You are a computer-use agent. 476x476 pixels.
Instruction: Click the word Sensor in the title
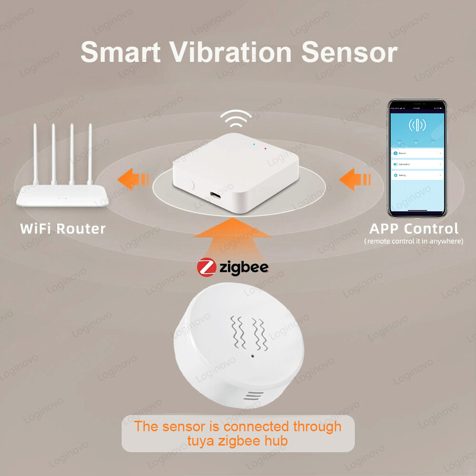pyautogui.click(x=349, y=52)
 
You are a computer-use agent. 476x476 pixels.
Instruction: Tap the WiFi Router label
pyautogui.click(x=62, y=228)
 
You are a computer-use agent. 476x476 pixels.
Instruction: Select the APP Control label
pyautogui.click(x=414, y=228)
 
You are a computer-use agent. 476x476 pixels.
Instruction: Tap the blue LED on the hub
pyautogui.click(x=254, y=144)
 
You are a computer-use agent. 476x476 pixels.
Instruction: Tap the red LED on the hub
pyautogui.click(x=264, y=146)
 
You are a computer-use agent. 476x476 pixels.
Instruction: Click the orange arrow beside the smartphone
pyautogui.click(x=355, y=178)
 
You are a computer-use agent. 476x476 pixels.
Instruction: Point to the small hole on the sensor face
pyautogui.click(x=253, y=358)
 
